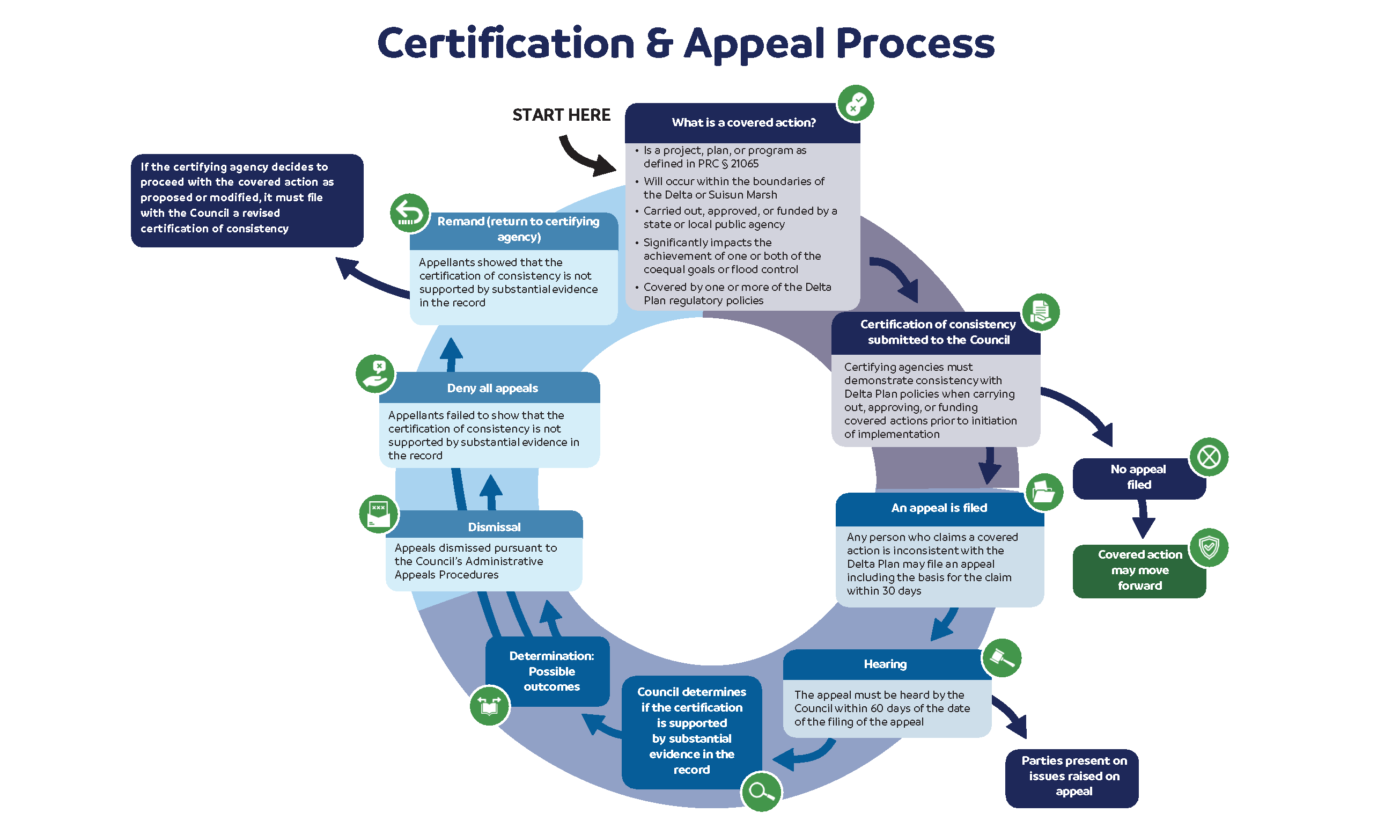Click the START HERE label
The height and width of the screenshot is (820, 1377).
tap(561, 115)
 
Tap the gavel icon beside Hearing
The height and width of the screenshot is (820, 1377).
tap(1001, 658)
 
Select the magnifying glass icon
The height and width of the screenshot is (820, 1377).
tap(761, 791)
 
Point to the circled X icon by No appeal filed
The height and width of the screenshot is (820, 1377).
tap(1209, 457)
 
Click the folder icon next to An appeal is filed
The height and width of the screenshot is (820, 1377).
tap(1043, 492)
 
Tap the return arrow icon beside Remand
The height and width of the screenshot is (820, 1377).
tap(409, 213)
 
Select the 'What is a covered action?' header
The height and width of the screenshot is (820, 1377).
tap(743, 123)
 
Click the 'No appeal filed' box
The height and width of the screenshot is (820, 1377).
tap(1138, 478)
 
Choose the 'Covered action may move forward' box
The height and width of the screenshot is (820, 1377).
tap(1139, 570)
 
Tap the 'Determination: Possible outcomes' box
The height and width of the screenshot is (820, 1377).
tap(551, 671)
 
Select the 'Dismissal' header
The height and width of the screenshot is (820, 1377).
tap(494, 527)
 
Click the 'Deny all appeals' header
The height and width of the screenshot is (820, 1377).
tap(491, 388)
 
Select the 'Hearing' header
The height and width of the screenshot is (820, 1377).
tap(885, 664)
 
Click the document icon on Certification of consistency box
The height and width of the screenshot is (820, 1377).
tap(1040, 312)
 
